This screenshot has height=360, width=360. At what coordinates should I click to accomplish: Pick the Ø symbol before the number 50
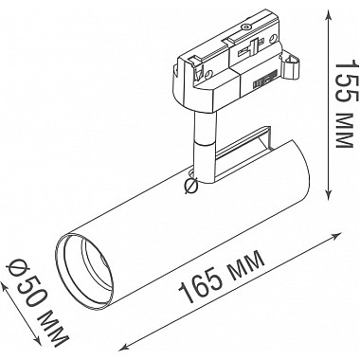click(16, 268)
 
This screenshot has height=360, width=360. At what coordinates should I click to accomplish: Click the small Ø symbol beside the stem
click(191, 186)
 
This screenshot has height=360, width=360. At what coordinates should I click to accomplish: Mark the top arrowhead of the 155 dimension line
click(329, 13)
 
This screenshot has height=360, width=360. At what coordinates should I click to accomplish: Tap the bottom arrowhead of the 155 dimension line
click(329, 194)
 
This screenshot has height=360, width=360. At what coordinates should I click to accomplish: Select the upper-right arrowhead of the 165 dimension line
click(337, 235)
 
